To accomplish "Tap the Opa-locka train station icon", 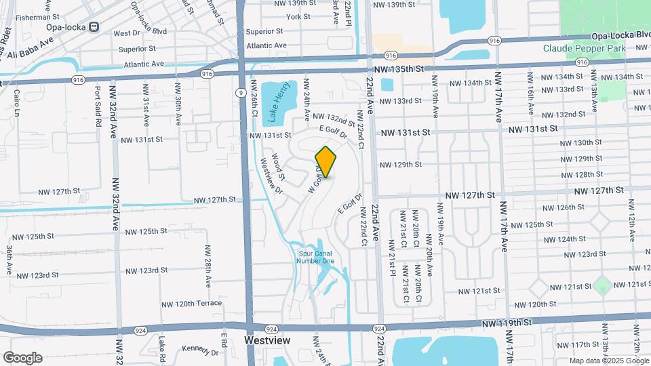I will pos(94,27).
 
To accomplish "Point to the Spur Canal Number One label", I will pos(317,258).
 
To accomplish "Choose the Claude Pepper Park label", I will pos(585,48).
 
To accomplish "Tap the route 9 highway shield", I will pos(241,92).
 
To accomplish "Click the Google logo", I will pos(22,357).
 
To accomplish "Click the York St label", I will pos(298,17).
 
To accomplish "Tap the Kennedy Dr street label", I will pos(201,350).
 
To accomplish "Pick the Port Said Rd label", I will pos(98,102).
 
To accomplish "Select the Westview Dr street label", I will pos(271,176).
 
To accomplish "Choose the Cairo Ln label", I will pos(18,104).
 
